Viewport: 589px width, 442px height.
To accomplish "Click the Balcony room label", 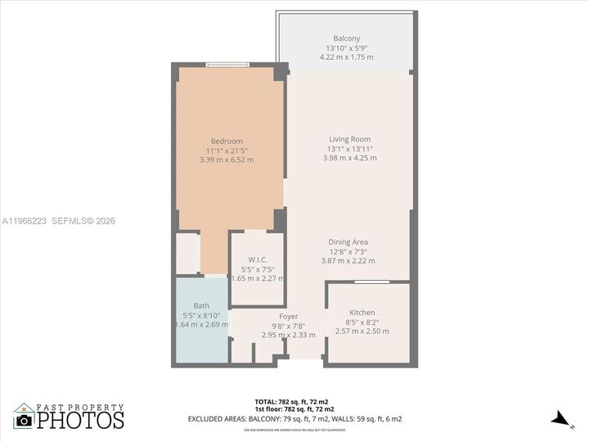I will coord(346,39).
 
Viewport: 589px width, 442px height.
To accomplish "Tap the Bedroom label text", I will coord(227,141).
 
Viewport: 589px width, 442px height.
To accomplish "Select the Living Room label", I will coord(349,139).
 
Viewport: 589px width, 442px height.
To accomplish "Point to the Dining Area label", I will coord(348,242).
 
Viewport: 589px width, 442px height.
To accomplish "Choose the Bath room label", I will coord(201,306).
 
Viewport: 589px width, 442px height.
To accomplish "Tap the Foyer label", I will coord(288,316).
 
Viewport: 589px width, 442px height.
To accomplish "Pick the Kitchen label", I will coord(362,313).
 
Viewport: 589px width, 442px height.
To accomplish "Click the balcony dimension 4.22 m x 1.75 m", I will coord(346,57).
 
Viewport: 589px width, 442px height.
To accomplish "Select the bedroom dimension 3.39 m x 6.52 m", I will coord(227,160).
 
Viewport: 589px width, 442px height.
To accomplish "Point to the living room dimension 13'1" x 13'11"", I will coord(349,149).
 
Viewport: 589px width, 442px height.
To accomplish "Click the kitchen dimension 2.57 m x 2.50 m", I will coord(362,331).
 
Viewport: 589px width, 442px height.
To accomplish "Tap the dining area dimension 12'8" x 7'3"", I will coord(348,251).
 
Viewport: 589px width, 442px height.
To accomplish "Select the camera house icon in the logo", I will coord(24,417).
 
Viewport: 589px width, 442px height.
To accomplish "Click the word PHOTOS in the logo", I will coord(80,421).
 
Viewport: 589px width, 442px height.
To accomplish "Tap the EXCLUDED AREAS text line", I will coord(294,419).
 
